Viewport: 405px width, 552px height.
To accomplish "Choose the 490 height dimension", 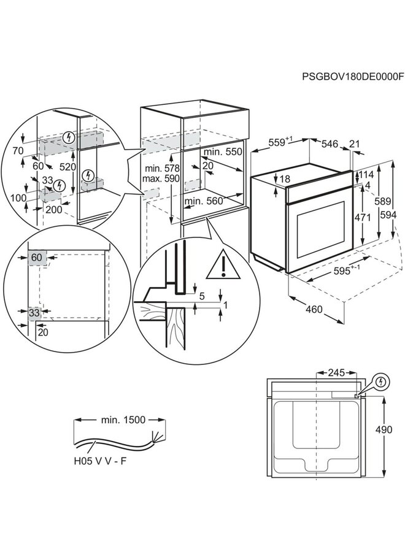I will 384,430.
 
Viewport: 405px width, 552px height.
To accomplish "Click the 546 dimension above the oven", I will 330,144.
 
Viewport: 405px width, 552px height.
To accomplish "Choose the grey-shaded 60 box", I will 36,258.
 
